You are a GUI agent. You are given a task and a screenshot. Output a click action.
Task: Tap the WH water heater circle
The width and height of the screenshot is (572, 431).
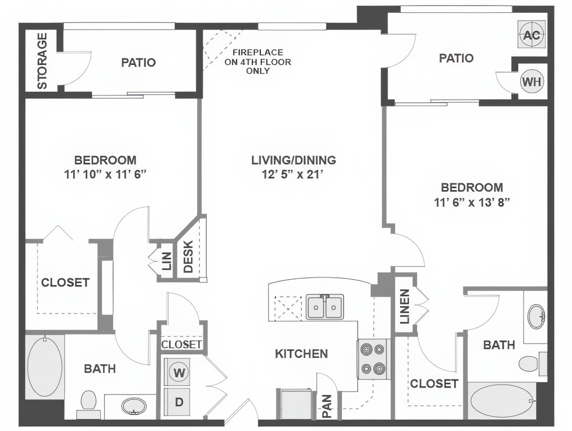tap(532, 81)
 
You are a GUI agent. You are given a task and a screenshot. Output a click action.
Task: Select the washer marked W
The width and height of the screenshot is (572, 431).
tap(179, 372)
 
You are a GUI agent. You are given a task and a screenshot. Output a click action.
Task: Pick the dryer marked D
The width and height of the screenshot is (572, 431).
tap(179, 402)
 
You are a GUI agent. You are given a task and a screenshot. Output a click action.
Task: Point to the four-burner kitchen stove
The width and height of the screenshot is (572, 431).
tap(372, 359)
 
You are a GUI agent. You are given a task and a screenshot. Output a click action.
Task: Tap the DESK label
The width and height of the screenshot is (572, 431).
tap(188, 257)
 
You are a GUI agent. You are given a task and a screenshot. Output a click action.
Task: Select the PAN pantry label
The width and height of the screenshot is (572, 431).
tap(327, 406)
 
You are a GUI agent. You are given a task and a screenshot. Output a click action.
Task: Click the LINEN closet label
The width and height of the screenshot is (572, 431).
tap(404, 307)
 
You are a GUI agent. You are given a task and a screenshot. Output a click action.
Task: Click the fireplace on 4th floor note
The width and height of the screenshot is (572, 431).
tap(258, 62)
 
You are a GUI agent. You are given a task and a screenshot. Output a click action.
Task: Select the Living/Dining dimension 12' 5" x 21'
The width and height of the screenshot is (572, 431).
tap(294, 175)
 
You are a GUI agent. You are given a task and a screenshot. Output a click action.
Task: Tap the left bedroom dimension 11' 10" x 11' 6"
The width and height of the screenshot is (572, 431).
tap(106, 175)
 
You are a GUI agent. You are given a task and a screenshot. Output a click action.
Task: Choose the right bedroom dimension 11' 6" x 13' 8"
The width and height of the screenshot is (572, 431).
tap(472, 202)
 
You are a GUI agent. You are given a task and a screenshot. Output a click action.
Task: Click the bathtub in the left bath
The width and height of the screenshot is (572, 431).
tap(45, 366)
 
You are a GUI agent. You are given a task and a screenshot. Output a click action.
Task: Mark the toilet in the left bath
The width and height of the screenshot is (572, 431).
tap(89, 400)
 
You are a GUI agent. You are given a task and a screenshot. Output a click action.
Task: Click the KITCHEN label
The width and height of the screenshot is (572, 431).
tap(301, 353)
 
